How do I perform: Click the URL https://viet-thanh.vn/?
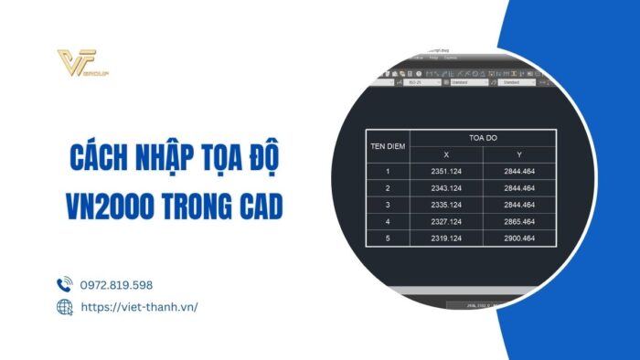[139, 307]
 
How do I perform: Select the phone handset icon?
[64, 284]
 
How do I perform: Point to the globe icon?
[64, 307]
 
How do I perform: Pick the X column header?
[445, 154]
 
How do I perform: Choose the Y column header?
[517, 154]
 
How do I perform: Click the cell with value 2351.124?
[445, 171]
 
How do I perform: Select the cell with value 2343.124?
[445, 187]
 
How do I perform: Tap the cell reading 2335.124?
[445, 205]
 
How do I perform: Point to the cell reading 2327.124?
[445, 221]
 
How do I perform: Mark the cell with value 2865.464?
[517, 221]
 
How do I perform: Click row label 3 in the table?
[387, 205]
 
